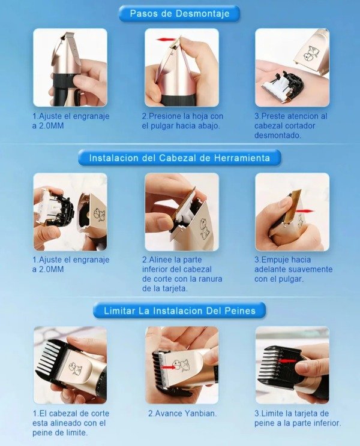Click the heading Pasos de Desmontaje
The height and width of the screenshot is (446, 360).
click(x=179, y=13)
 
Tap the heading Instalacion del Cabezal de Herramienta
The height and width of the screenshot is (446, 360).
click(x=179, y=158)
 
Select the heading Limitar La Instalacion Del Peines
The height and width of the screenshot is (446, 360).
click(x=179, y=311)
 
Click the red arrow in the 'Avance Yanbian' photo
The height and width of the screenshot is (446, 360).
click(x=169, y=367)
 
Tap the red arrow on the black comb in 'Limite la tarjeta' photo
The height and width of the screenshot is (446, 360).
click(x=287, y=361)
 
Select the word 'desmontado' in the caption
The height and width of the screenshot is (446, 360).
click(x=277, y=135)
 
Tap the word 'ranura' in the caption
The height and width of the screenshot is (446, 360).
click(x=209, y=279)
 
